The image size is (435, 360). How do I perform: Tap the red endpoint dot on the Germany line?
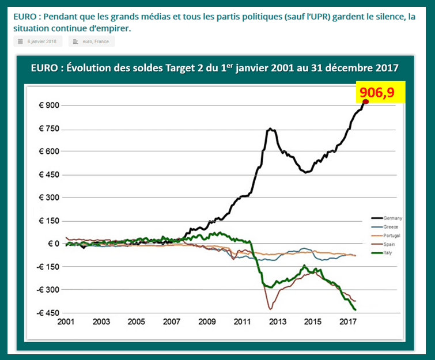click(366, 101)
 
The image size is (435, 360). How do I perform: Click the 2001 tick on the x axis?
click(67, 321)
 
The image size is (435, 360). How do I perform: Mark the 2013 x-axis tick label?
click(278, 321)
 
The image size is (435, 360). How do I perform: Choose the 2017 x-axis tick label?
click(347, 321)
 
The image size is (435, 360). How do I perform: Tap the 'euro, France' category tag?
click(92, 41)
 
